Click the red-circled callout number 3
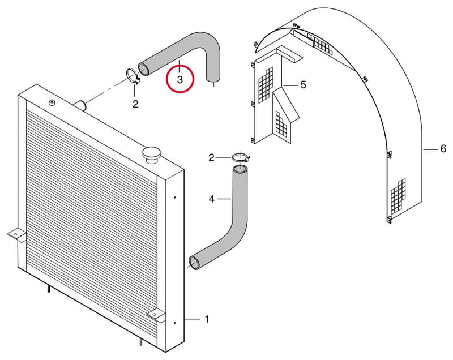pyautogui.click(x=180, y=79)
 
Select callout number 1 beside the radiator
pyautogui.click(x=207, y=319)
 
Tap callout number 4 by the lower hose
pyautogui.click(x=212, y=199)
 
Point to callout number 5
pyautogui.click(x=303, y=84)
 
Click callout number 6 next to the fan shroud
pyautogui.click(x=443, y=149)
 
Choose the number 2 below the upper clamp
pyautogui.click(x=135, y=104)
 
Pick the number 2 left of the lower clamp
pyautogui.click(x=211, y=158)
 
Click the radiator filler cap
pyautogui.click(x=151, y=155)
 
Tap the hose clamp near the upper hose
pyautogui.click(x=133, y=76)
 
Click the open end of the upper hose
pyautogui.click(x=143, y=69)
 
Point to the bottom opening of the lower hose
pyautogui.click(x=194, y=263)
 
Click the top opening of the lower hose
pyautogui.click(x=240, y=168)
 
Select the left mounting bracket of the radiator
pyautogui.click(x=16, y=235)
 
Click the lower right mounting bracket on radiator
pyautogui.click(x=156, y=315)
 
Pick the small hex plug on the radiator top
pyautogui.click(x=52, y=102)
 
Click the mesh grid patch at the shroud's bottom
pyautogui.click(x=398, y=195)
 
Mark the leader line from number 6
pyautogui.click(x=431, y=149)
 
